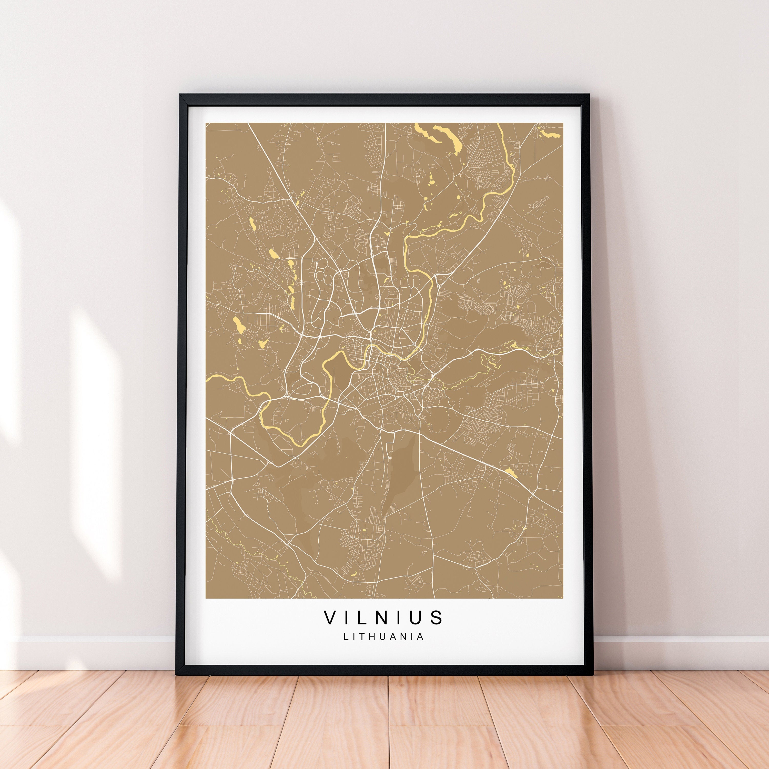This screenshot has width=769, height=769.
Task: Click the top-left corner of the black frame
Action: point(180,95)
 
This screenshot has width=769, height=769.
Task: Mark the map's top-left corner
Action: point(206,123)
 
